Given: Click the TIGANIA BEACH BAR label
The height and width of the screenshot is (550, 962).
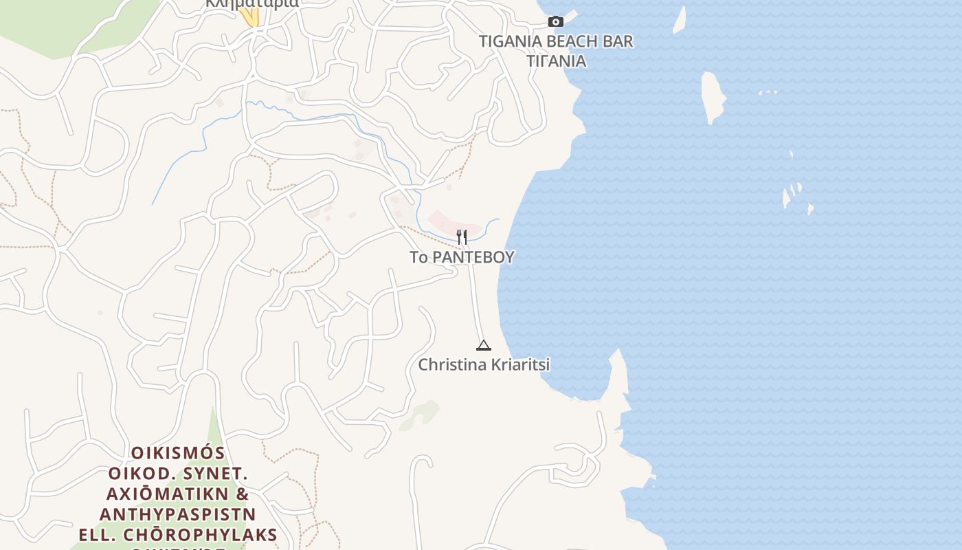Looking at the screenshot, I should (555, 41).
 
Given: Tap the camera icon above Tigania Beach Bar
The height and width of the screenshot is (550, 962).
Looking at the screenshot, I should (556, 22).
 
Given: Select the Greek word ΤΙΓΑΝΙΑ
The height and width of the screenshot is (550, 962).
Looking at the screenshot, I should (556, 61).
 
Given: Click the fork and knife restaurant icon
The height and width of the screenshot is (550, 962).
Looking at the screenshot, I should (462, 237).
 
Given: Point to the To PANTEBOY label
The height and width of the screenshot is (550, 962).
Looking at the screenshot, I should (462, 258).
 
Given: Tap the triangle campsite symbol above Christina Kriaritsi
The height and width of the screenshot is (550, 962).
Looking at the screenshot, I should (484, 345).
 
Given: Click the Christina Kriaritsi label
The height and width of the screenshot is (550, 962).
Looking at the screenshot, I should (484, 365).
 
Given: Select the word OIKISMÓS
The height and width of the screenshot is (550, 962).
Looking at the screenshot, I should (178, 453).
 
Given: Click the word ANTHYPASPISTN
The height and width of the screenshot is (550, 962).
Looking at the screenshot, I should (178, 514).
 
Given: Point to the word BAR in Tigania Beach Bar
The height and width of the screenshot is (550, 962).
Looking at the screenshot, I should (618, 41).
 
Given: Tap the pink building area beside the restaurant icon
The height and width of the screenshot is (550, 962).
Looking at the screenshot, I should (443, 221).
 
